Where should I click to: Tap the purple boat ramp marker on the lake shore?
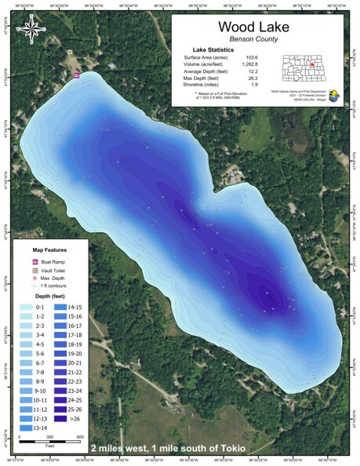[x=76, y=75]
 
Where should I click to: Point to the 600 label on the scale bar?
[x=80, y=436]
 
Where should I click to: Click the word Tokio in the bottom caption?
[x=233, y=449]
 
